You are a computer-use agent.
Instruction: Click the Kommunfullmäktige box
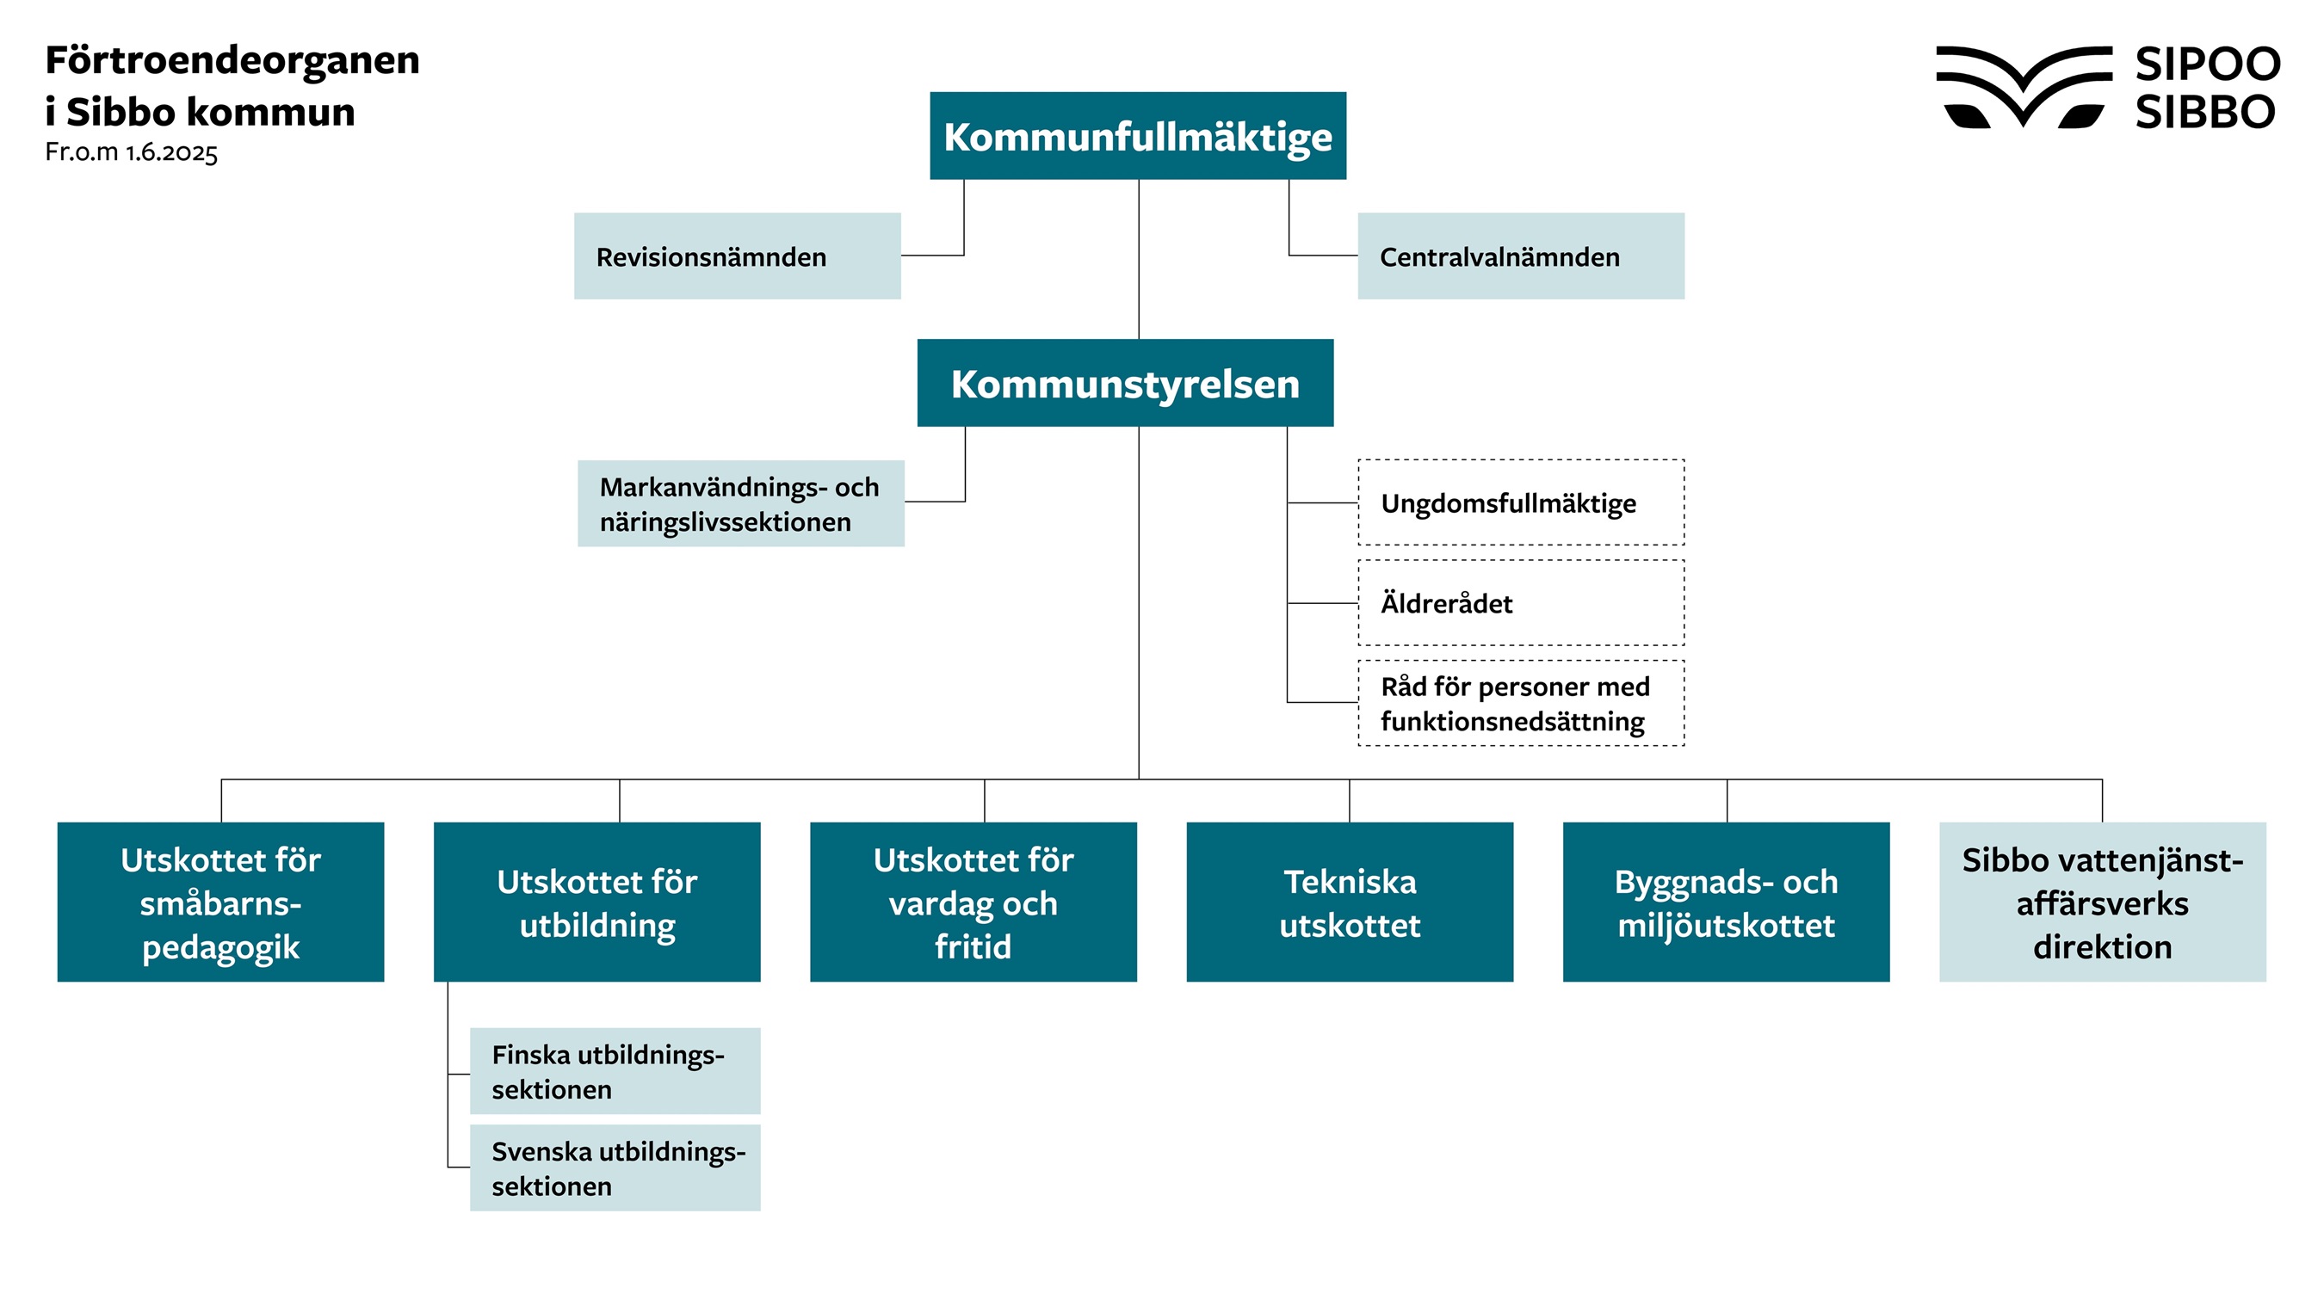[x=1138, y=136]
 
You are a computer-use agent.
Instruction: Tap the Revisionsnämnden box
[x=737, y=256]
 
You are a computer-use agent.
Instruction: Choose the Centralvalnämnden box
[x=1520, y=256]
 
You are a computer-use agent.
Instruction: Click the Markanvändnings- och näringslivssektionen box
[x=741, y=503]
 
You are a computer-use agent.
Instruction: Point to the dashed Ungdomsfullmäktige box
[x=1520, y=502]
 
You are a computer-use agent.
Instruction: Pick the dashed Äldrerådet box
[x=1520, y=602]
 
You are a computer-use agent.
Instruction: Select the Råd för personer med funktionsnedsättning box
[x=1520, y=704]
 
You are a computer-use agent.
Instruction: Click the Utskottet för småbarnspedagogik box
[x=221, y=902]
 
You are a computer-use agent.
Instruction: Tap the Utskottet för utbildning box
[x=597, y=902]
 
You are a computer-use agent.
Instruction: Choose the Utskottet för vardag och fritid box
[x=973, y=902]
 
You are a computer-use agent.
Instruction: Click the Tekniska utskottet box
[x=1350, y=902]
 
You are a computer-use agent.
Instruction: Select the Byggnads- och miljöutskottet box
[x=1726, y=902]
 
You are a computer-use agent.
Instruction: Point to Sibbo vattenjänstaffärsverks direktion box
[x=2102, y=902]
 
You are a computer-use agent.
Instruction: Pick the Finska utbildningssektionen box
[x=615, y=1071]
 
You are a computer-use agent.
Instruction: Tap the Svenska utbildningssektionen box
[x=615, y=1168]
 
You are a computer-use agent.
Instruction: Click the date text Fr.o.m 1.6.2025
[x=132, y=151]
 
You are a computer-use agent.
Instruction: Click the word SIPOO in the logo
[x=2207, y=64]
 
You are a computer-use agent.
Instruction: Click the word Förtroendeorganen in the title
[x=232, y=60]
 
